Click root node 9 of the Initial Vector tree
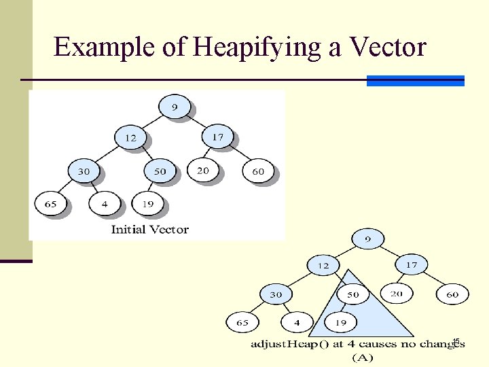[x=175, y=107]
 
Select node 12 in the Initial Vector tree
[x=130, y=137]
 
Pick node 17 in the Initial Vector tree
[x=217, y=137]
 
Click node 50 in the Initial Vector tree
[x=160, y=171]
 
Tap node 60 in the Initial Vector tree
[x=258, y=171]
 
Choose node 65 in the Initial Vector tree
[x=50, y=203]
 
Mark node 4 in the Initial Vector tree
[x=105, y=203]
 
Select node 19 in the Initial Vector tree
[x=147, y=203]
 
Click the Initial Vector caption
[x=149, y=229]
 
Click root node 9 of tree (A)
[x=368, y=239]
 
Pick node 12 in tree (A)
[x=323, y=265]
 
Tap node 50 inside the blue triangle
[x=353, y=294]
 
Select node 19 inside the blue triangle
[x=342, y=322]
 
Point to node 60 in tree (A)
[x=452, y=294]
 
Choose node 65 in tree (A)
[x=242, y=322]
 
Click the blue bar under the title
[x=416, y=81]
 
